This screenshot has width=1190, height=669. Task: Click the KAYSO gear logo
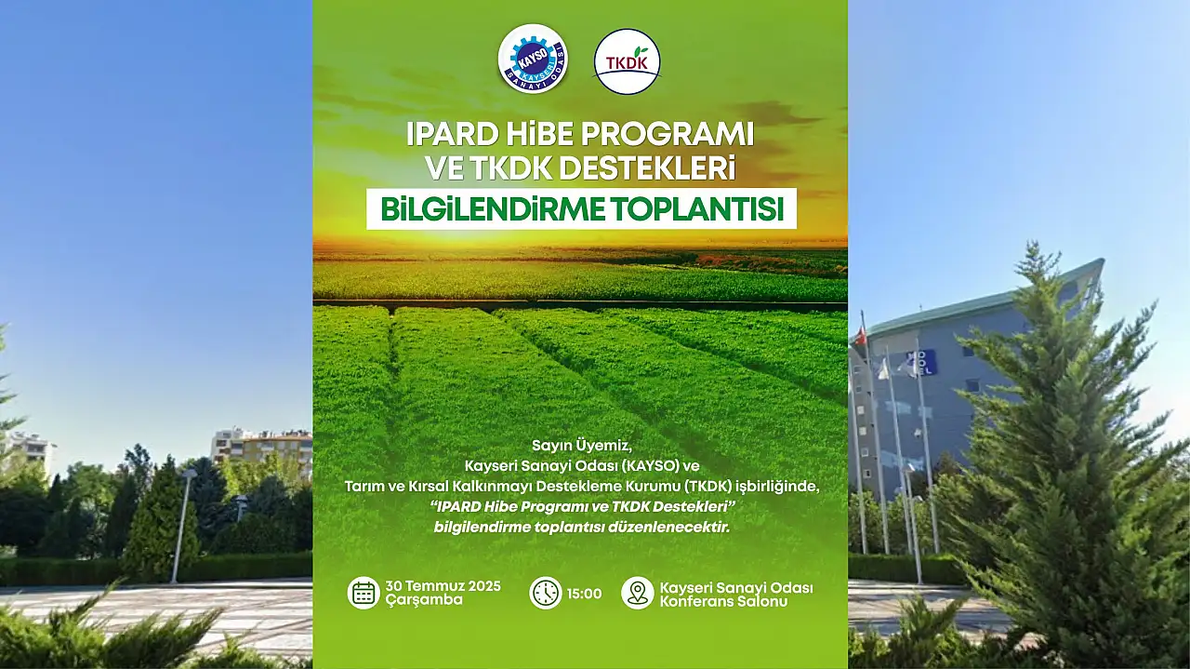533,59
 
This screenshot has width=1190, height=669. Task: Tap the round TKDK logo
628,61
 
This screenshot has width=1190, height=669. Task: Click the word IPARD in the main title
452,135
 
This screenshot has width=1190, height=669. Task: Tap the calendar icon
364,593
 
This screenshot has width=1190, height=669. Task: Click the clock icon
546,593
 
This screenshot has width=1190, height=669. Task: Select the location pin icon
638,593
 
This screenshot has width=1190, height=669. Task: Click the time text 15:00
585,594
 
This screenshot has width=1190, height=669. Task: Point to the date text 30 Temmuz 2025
443,586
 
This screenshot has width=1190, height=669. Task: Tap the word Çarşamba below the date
424,600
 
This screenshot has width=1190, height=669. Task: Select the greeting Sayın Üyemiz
582,445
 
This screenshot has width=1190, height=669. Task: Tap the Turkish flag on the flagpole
860,335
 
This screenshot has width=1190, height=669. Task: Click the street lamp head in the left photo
189,474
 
